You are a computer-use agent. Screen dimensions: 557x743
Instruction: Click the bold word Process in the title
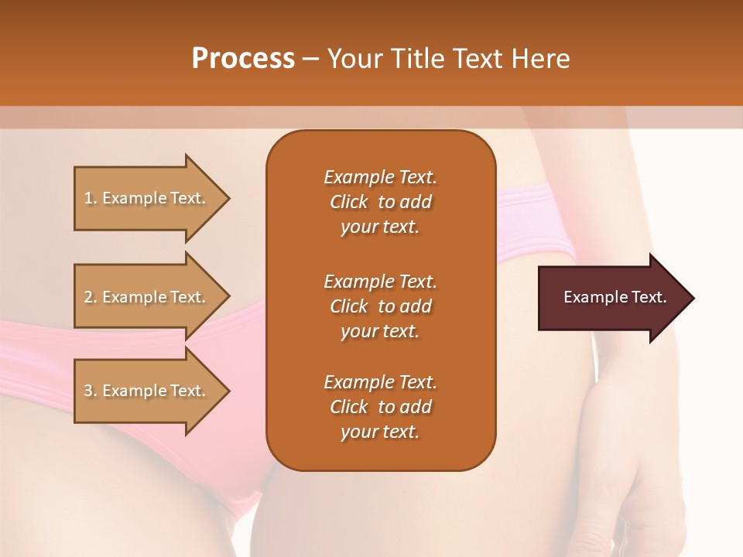pyautogui.click(x=243, y=59)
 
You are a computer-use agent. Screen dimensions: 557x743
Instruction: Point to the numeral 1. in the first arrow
pyautogui.click(x=91, y=198)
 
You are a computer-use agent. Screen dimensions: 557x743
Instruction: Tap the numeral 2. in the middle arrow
pyautogui.click(x=91, y=297)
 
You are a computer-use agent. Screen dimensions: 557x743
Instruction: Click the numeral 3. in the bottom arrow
pyautogui.click(x=91, y=391)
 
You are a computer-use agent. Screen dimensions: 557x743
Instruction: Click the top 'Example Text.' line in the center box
pyautogui.click(x=380, y=177)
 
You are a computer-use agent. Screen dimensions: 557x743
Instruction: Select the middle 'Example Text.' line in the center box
pyautogui.click(x=380, y=281)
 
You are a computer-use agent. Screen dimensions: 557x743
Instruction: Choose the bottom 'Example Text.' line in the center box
pyautogui.click(x=380, y=382)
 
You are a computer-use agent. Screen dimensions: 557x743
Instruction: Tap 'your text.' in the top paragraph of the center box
pyautogui.click(x=380, y=227)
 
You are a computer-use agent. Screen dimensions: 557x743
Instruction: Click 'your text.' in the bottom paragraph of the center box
pyautogui.click(x=380, y=432)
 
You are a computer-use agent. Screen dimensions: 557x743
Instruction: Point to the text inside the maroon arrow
pyautogui.click(x=615, y=297)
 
